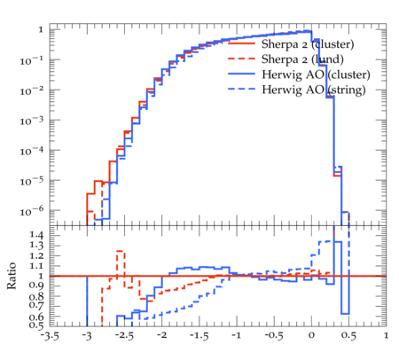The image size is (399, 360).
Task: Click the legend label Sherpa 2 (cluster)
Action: (308, 44)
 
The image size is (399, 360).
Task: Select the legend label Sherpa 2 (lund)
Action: (302, 59)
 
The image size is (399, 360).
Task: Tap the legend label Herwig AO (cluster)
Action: (316, 74)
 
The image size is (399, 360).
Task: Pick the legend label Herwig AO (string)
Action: (314, 90)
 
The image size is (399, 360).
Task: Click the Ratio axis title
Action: (12, 276)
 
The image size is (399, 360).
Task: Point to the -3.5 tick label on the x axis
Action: (50, 336)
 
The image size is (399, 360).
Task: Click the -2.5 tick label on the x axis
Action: (124, 336)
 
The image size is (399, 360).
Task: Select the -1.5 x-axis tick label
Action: (199, 336)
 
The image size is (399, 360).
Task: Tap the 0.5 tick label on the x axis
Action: (348, 336)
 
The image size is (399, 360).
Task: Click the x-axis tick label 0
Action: (311, 336)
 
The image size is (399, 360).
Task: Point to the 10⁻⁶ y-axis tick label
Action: (32, 211)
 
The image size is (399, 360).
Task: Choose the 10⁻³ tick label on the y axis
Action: (32, 121)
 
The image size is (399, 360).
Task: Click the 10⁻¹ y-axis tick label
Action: (32, 61)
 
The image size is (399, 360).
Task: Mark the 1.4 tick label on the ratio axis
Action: (37, 235)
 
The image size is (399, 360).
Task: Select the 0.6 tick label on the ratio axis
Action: (37, 317)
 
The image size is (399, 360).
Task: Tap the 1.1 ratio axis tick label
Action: (37, 266)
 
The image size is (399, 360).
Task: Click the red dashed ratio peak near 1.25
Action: (121, 251)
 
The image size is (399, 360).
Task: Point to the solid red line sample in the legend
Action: (242, 43)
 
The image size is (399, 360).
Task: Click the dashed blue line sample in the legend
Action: (242, 89)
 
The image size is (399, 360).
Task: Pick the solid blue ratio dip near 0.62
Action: (345, 314)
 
